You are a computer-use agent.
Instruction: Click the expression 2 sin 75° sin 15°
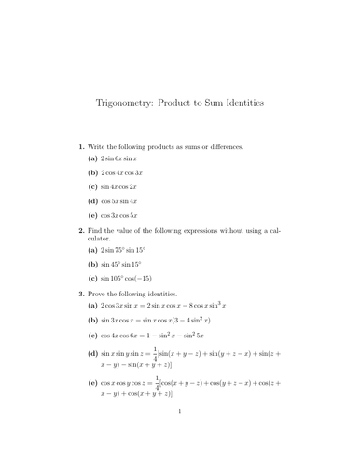pyautogui.click(x=130, y=251)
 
